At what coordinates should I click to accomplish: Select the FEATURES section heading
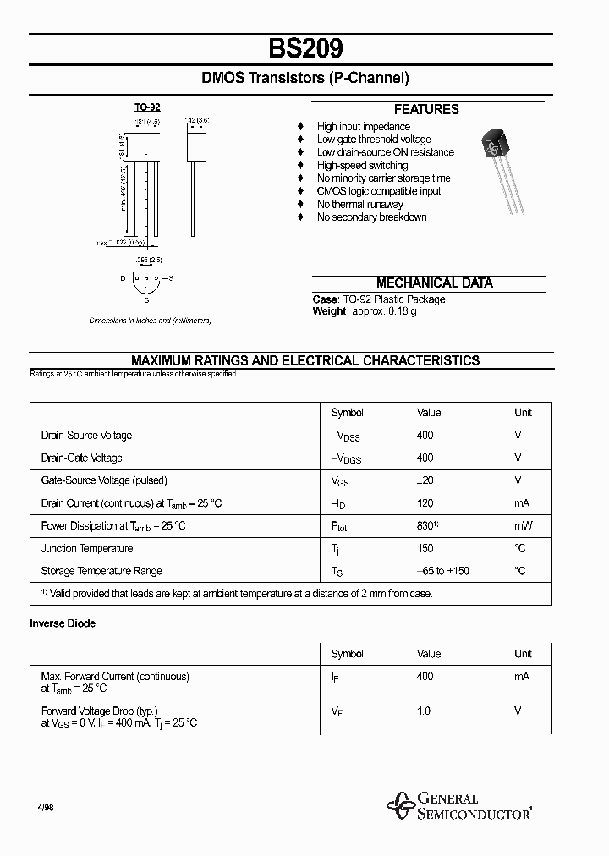[x=426, y=109]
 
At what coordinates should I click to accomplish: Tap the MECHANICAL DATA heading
[x=434, y=283]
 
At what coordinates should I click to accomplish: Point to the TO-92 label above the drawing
[x=147, y=107]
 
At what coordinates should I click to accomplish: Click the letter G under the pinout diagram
[x=146, y=301]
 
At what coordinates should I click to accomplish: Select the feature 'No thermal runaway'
[x=359, y=204]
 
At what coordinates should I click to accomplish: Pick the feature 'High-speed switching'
[x=362, y=165]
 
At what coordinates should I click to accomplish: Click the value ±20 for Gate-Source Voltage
[x=425, y=480]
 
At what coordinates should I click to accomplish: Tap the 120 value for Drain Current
[x=425, y=503]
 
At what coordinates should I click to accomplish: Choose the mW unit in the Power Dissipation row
[x=523, y=525]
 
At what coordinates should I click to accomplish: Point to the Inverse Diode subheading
[x=63, y=623]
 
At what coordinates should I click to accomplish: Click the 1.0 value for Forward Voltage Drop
[x=423, y=711]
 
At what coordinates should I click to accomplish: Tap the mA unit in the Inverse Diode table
[x=522, y=677]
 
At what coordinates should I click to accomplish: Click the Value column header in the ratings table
[x=429, y=413]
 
